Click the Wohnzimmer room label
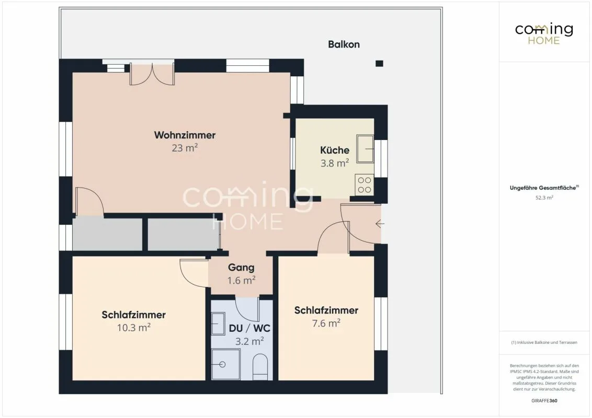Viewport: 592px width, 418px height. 185,135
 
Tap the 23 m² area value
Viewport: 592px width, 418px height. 185,147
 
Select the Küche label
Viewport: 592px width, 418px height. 335,150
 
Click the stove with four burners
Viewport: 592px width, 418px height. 365,185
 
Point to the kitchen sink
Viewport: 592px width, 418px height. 365,148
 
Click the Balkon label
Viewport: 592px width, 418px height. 344,44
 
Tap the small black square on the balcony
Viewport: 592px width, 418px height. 380,63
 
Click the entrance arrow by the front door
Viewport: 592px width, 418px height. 380,224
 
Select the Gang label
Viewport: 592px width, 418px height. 241,268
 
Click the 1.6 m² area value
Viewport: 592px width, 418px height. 241,280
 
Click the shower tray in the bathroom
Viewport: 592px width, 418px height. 226,364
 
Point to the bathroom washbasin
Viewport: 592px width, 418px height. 218,323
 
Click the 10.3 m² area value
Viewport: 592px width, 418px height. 134,328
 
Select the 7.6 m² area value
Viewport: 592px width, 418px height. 326,323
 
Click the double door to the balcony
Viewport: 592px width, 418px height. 152,74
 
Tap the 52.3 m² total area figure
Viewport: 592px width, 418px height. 544,198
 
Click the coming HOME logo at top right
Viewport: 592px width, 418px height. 544,34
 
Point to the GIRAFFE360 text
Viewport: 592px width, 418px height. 544,401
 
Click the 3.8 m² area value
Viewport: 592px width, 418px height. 335,163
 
